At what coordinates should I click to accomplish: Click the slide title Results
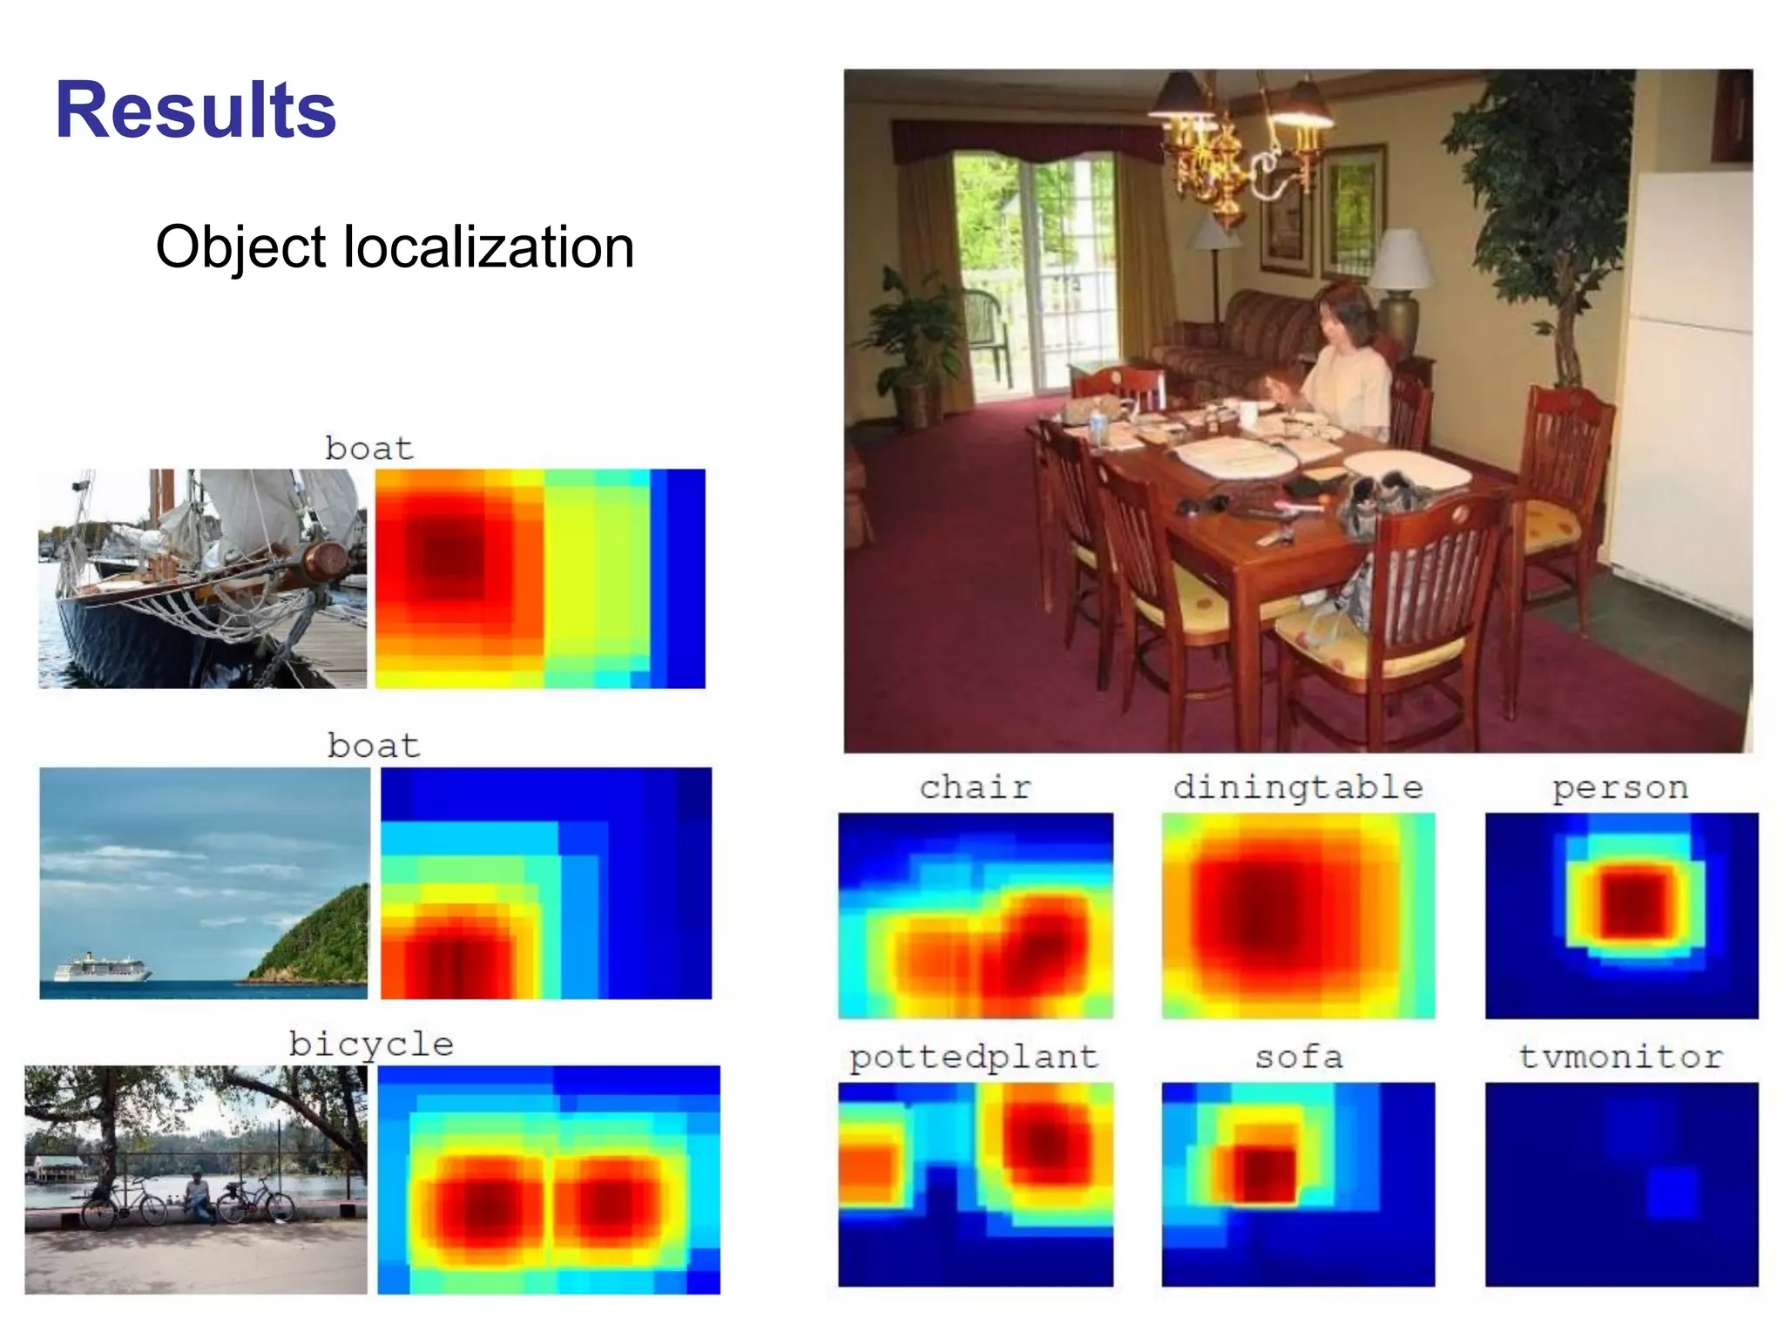pos(195,110)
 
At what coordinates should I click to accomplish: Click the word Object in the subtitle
pos(240,247)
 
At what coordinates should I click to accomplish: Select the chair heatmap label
pos(975,787)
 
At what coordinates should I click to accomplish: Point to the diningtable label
pos(1297,787)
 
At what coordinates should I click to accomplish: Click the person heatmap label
pos(1620,787)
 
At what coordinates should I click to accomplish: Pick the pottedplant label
pos(973,1058)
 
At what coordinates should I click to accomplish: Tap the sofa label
pos(1298,1058)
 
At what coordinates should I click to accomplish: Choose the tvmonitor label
pos(1620,1058)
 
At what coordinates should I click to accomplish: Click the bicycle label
pos(371,1044)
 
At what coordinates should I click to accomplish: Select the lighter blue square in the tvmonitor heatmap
pos(1672,1192)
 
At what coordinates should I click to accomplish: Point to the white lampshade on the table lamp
pos(1400,258)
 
